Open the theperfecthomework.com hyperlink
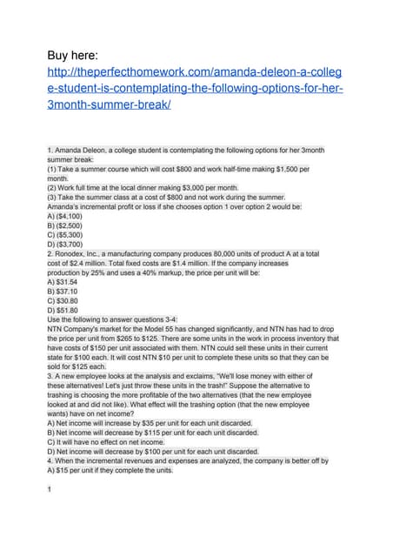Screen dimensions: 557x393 click(x=195, y=90)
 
